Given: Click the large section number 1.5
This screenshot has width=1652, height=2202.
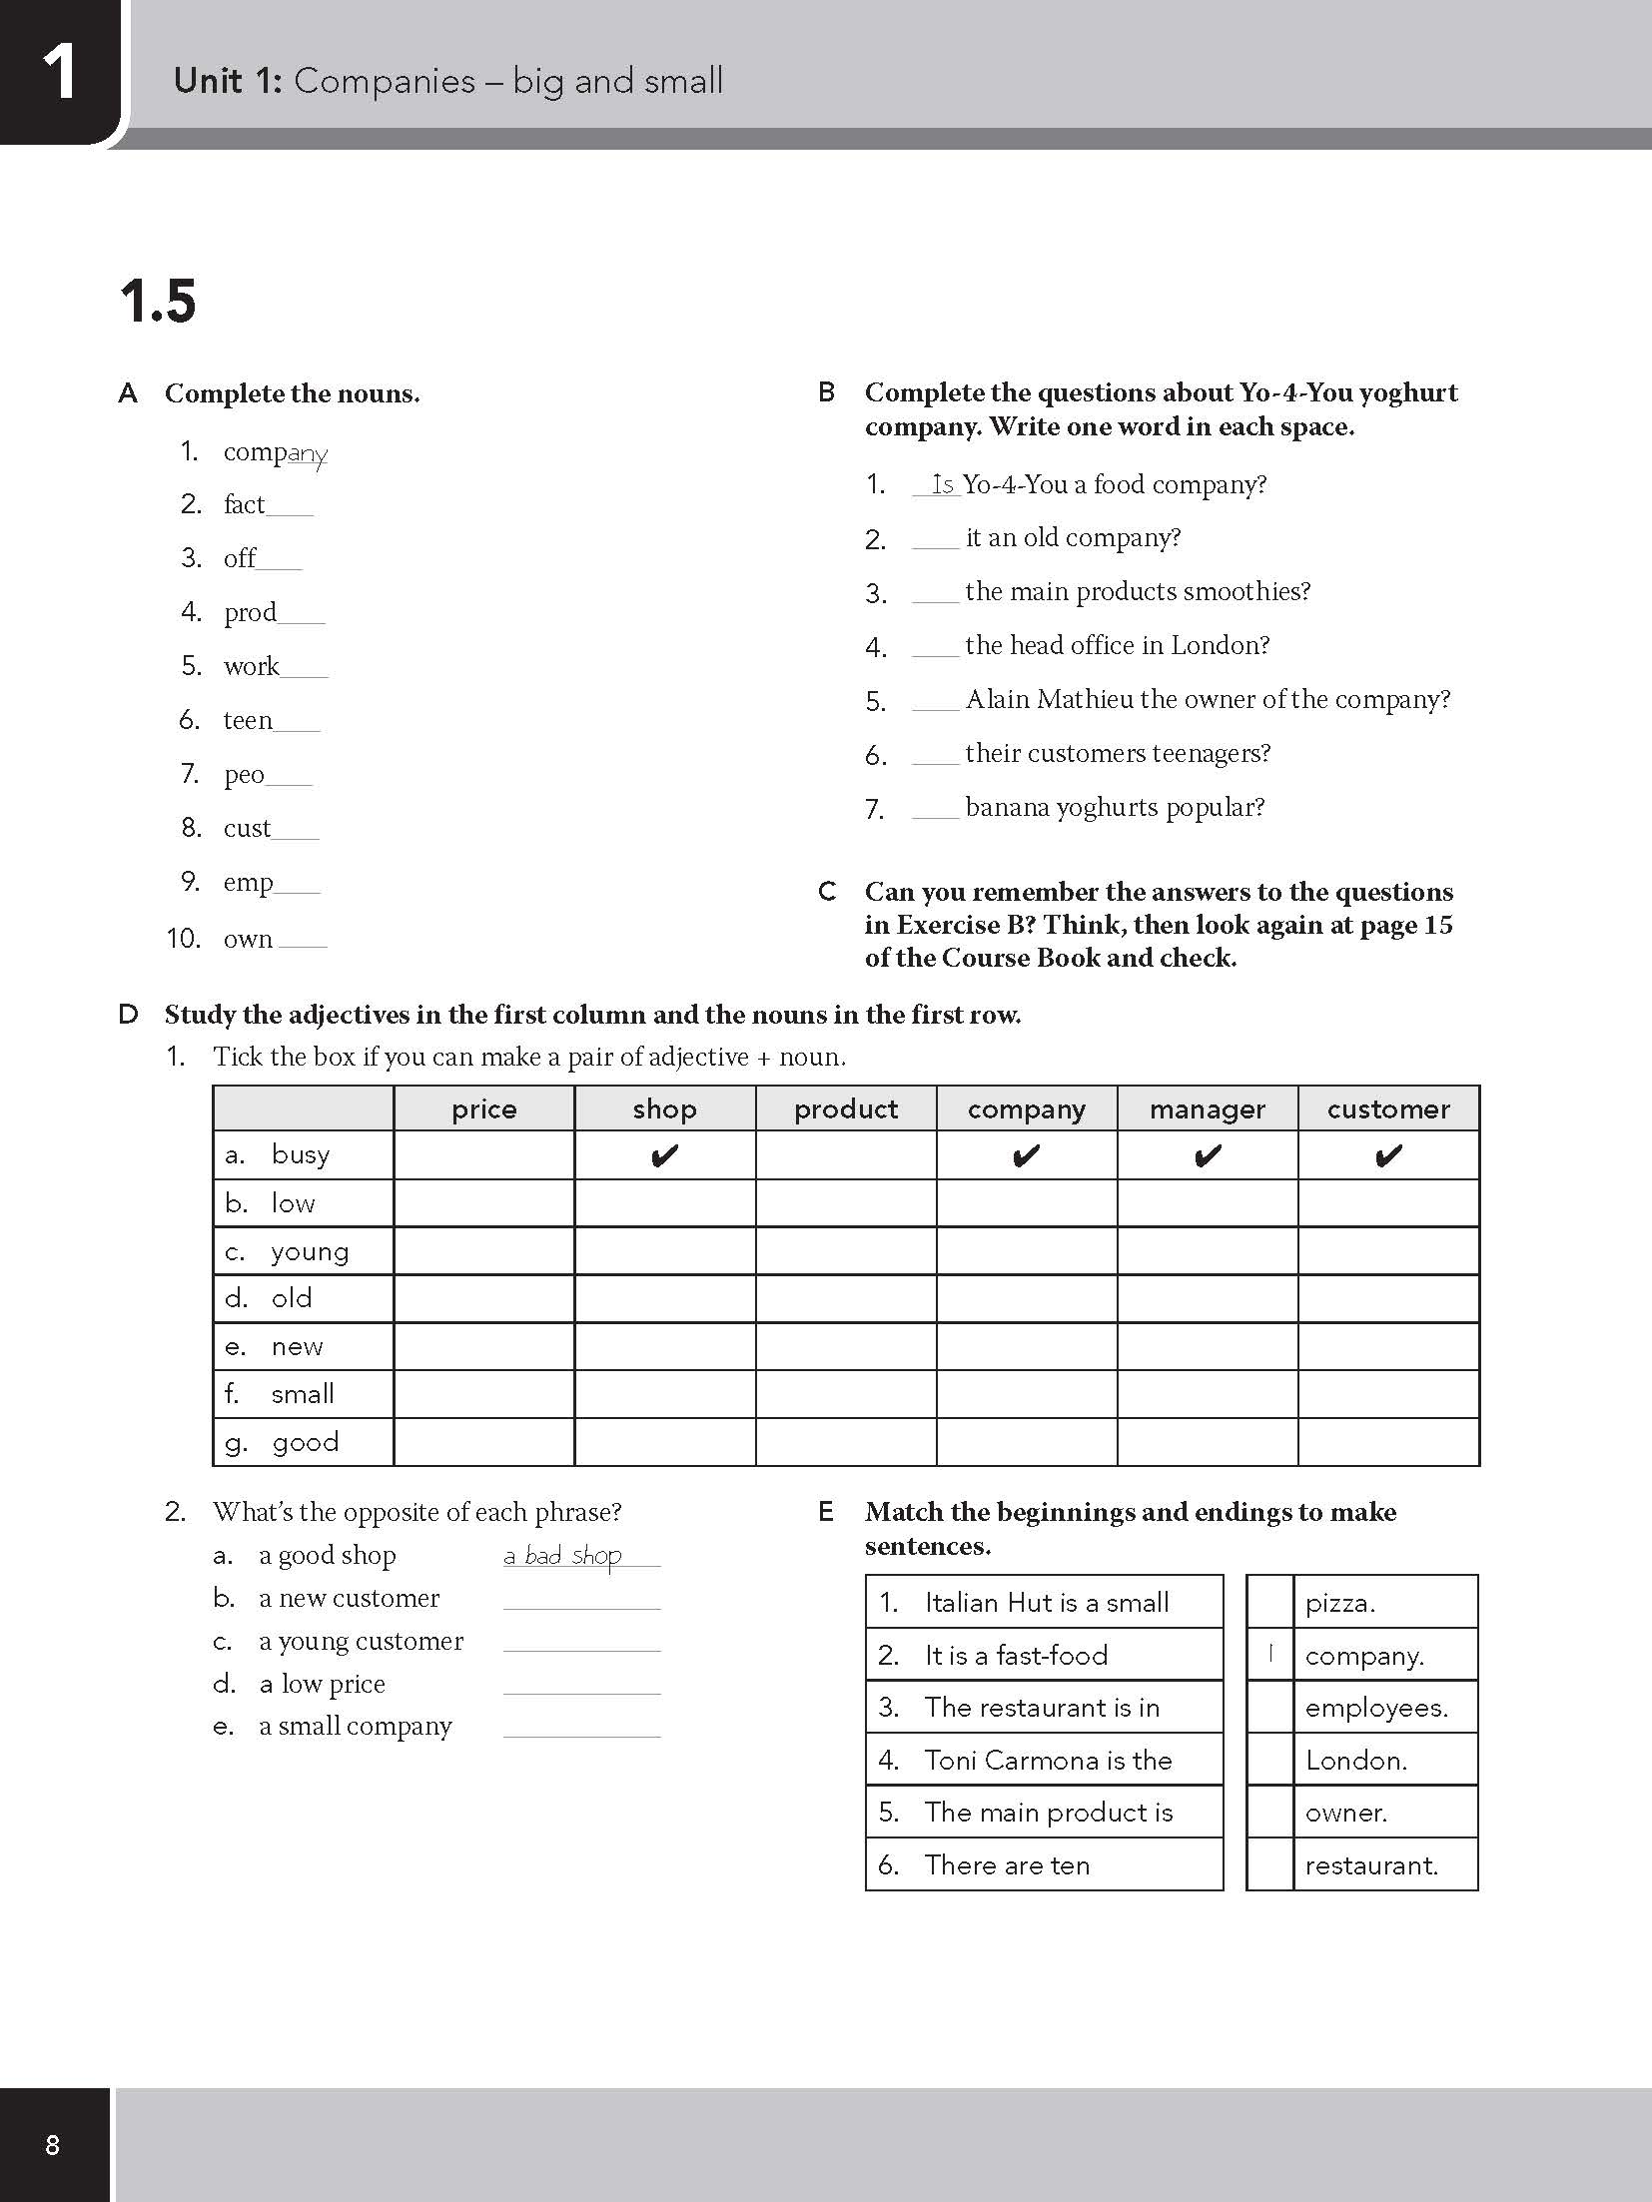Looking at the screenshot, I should [158, 302].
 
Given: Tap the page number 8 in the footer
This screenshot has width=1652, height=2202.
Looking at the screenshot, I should [53, 2144].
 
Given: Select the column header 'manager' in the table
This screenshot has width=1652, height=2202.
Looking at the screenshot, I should [1207, 1109].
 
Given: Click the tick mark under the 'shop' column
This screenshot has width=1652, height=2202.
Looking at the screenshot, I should [664, 1156].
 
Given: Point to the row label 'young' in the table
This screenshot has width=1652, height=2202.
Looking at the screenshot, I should [310, 1251].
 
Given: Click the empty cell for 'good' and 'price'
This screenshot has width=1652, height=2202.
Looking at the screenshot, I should [484, 1442].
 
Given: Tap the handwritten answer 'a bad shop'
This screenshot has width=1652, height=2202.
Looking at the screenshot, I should [563, 1555].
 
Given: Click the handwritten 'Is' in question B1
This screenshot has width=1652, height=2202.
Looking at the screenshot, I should [943, 484].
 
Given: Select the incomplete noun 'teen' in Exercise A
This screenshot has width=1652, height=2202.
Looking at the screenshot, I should [248, 720].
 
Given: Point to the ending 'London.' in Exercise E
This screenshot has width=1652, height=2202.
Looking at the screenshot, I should [1355, 1760].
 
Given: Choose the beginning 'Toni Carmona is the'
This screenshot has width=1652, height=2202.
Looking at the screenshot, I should [1048, 1760].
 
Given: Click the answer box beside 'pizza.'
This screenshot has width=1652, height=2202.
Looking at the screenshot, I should [1270, 1603].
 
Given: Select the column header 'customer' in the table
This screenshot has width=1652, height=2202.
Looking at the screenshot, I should [1388, 1109].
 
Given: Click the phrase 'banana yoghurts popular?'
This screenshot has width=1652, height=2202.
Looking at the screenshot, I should [1115, 807].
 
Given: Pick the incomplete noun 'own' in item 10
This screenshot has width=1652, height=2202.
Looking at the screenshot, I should [248, 939].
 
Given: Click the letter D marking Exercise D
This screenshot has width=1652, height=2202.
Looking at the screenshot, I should [128, 1016].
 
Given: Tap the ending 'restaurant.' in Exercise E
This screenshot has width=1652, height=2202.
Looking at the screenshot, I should [1371, 1865].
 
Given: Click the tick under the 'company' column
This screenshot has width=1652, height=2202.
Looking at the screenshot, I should [1026, 1156].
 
